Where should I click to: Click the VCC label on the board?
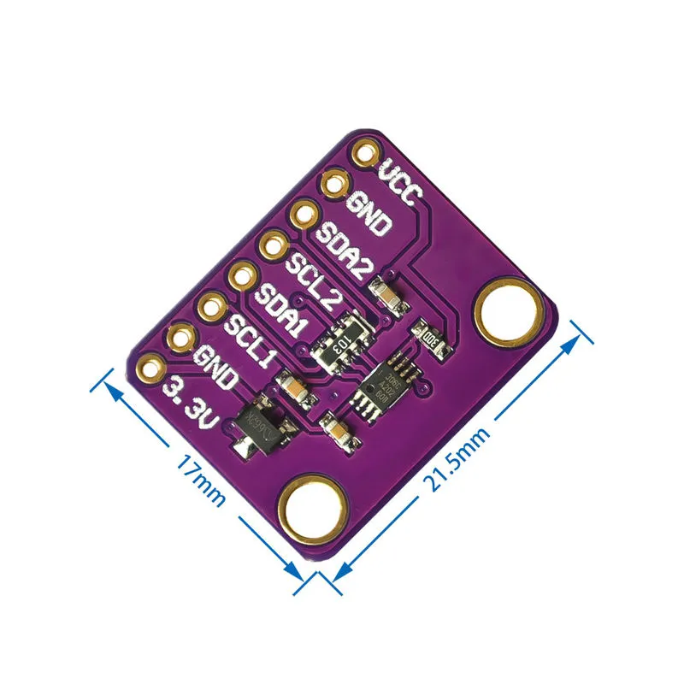(400, 181)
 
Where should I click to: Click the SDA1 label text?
(282, 310)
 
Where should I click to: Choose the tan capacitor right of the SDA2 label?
(386, 296)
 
